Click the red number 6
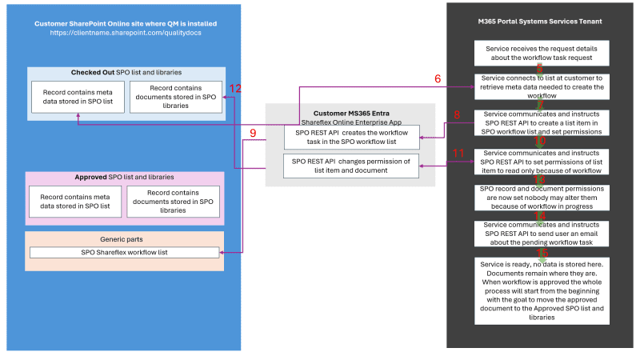pyautogui.click(x=438, y=79)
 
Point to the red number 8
pyautogui.click(x=457, y=114)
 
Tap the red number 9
pyautogui.click(x=253, y=133)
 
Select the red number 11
pyautogui.click(x=458, y=152)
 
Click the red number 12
pyautogui.click(x=235, y=88)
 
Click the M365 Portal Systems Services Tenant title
pyautogui.click(x=540, y=21)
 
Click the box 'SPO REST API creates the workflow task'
pyautogui.click(x=352, y=137)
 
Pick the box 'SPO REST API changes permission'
pyautogui.click(x=352, y=166)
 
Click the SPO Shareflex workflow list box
pyautogui.click(x=124, y=253)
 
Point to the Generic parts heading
pyautogui.click(x=124, y=239)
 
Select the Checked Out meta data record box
pyautogui.click(x=77, y=97)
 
